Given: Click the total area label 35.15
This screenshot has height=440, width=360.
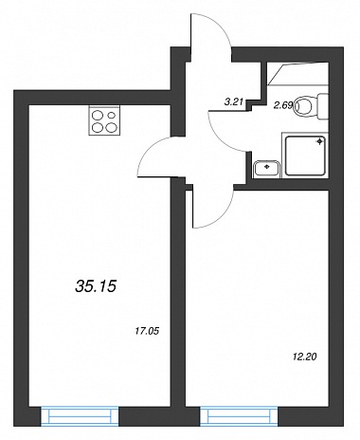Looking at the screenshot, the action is pos(96,286).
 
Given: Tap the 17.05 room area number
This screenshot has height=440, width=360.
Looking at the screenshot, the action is pos(147,331).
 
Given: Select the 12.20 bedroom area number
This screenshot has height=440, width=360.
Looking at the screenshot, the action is pos(304,357).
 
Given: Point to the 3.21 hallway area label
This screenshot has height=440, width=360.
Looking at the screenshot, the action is pos(233,101).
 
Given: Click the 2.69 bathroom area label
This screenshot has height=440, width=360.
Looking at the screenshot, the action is pos(283,105).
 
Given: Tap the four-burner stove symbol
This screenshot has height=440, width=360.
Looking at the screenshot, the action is pos(104,120).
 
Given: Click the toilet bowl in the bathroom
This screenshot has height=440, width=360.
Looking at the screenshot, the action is pos(303,106).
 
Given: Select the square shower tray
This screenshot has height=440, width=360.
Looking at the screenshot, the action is pos(305,156).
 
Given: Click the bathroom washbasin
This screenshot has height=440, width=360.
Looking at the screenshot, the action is pos(267,169).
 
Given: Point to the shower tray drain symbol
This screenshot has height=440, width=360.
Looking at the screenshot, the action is pos(319,141).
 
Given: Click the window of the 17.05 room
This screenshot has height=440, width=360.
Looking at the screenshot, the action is pos(80,417).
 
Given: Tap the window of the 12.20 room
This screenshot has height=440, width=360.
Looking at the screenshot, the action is pos(239,417).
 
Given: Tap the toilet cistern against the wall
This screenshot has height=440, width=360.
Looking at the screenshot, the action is pos(322,106).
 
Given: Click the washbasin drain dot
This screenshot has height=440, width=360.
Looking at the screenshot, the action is pos(267,166).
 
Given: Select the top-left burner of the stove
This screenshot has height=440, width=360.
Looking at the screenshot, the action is pos(97,115).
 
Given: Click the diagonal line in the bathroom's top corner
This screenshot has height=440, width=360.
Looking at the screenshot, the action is pos(277,74).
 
